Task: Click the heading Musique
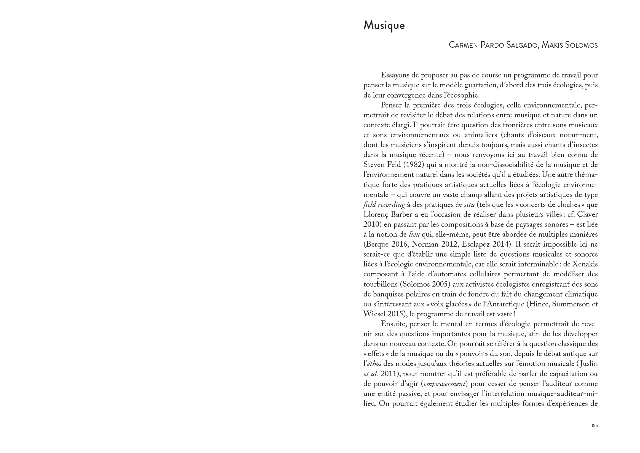(x=384, y=26)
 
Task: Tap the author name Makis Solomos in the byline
(x=569, y=45)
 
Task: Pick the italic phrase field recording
(x=384, y=205)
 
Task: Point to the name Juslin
(x=588, y=364)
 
